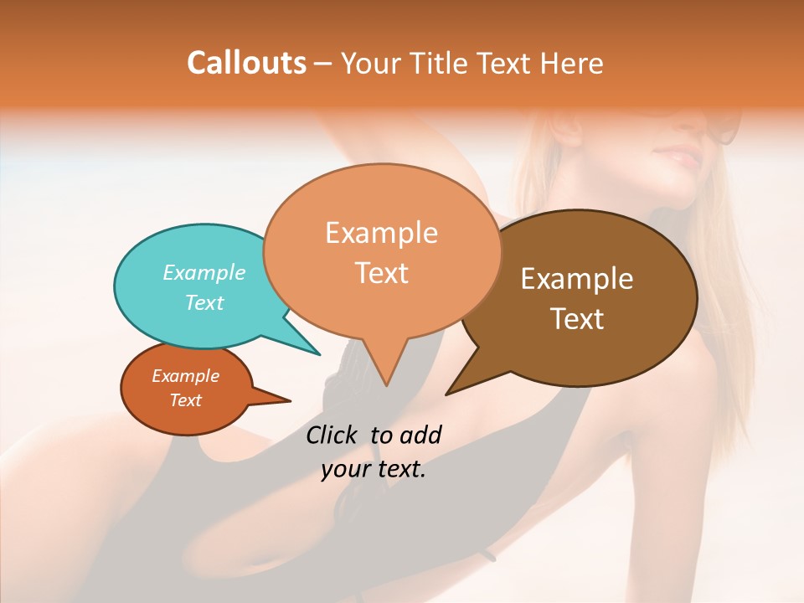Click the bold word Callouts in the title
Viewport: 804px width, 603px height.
click(x=246, y=63)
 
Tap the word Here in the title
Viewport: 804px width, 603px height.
click(x=572, y=63)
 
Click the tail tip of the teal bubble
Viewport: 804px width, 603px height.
click(x=318, y=353)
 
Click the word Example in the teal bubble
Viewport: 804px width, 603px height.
click(x=204, y=272)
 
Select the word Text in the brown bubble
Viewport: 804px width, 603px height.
click(x=578, y=318)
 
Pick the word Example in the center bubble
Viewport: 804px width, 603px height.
click(x=381, y=233)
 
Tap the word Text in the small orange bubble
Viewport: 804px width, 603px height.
click(x=186, y=400)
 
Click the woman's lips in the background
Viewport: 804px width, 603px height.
click(x=680, y=157)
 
